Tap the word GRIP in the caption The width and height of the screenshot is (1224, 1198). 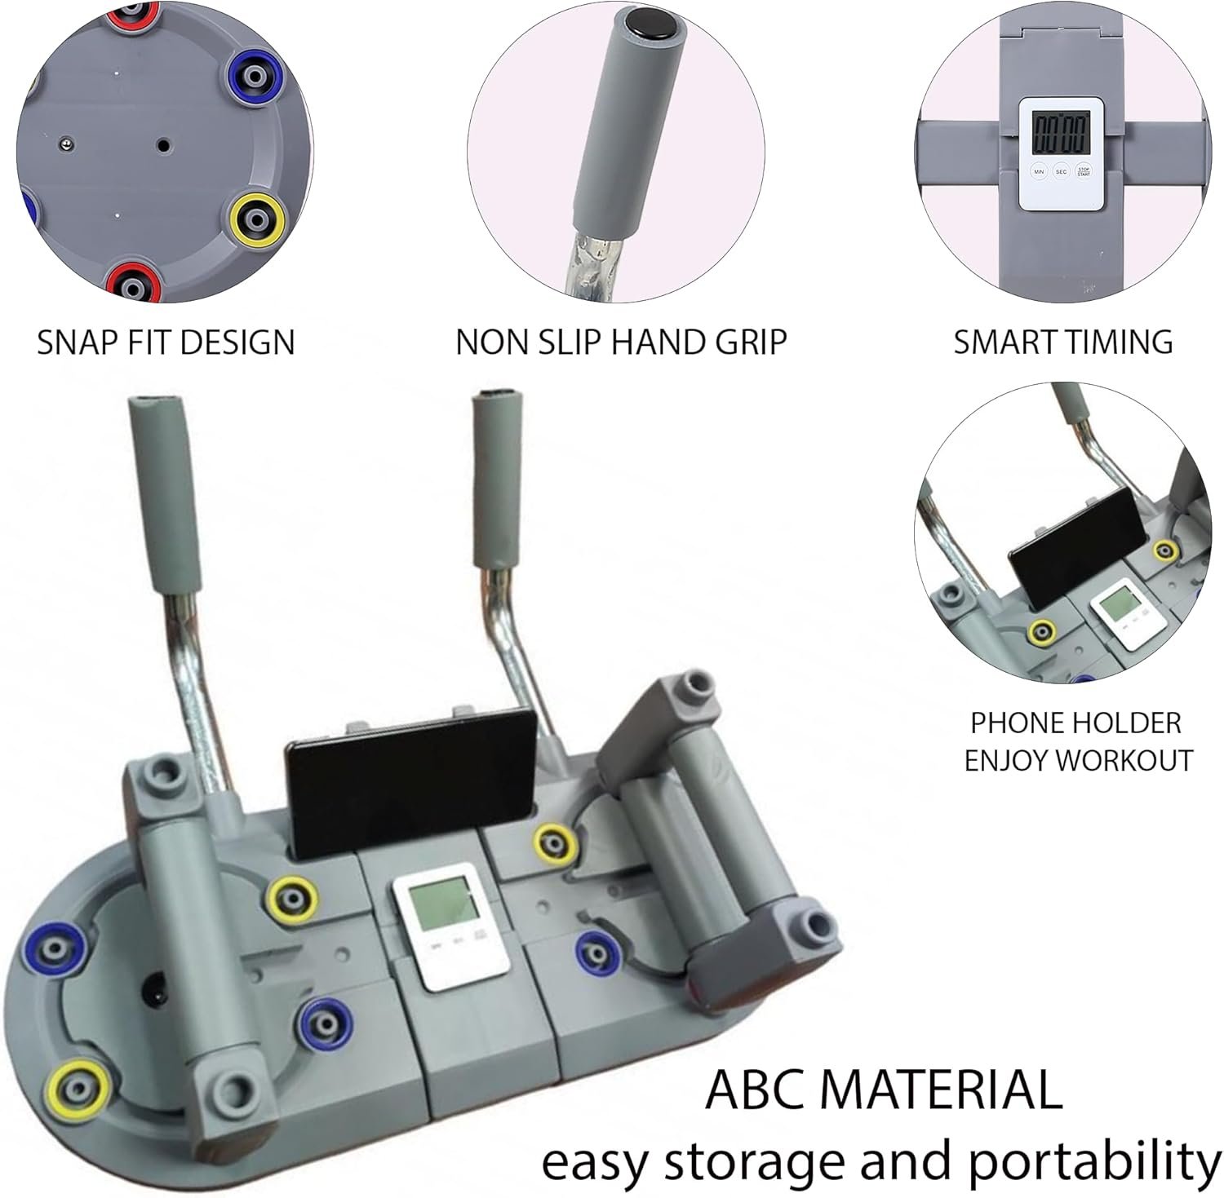751,343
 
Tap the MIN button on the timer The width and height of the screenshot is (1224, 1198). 1039,172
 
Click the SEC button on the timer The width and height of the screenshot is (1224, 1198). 1061,172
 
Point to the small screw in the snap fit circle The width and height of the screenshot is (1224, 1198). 64,144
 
